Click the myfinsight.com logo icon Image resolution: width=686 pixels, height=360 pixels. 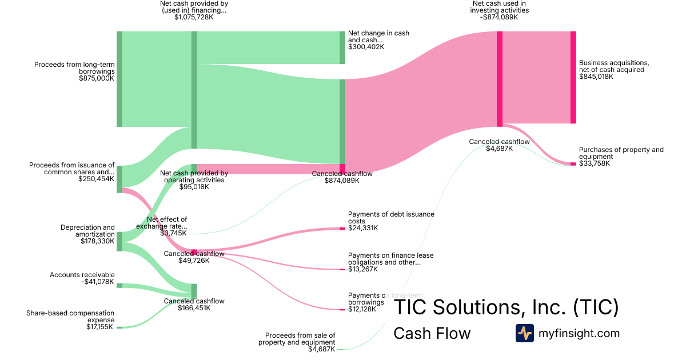(524, 333)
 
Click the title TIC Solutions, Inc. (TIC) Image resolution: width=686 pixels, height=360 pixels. (506, 307)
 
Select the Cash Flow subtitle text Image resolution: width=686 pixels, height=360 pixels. (432, 333)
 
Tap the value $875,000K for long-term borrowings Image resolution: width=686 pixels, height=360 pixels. (97, 78)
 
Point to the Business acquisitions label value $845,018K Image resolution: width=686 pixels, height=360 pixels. (596, 77)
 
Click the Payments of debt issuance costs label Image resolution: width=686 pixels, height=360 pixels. (391, 218)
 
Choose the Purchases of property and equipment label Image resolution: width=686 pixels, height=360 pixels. (621, 153)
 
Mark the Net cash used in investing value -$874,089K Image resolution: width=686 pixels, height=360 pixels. (500, 17)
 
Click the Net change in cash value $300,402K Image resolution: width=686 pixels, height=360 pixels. (366, 47)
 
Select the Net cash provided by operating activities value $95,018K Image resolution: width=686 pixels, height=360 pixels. (194, 186)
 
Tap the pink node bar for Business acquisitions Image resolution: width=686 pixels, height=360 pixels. (573, 77)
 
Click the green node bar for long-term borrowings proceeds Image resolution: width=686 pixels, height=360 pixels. (119, 79)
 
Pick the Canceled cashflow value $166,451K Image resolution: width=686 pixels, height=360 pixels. (194, 308)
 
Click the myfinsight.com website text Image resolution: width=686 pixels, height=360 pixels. (579, 333)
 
